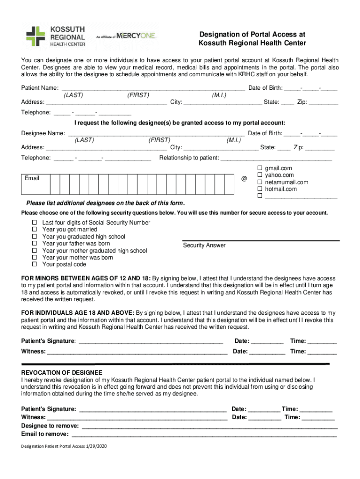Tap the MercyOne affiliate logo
pos(127,36)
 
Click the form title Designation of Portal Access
pos(252,39)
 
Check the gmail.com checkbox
pos(260,168)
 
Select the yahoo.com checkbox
pos(260,175)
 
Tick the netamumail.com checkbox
pos(260,182)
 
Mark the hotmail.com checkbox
pos(260,189)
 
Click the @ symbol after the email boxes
pos(244,179)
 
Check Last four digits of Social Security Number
pos(34,223)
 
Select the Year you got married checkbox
pos(34,230)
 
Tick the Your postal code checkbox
pos(34,264)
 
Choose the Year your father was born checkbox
pos(34,244)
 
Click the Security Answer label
pos(204,246)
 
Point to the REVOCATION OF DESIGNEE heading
pos(62,372)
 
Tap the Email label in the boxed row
pos(32,178)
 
